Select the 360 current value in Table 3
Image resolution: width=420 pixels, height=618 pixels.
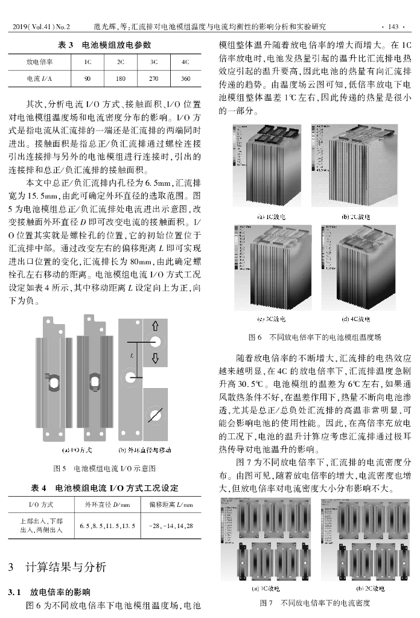pos(185,78)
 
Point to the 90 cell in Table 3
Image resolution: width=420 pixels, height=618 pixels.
pos(87,78)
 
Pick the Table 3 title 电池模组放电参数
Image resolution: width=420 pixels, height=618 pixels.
pos(104,45)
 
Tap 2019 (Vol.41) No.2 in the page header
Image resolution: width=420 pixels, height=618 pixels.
pos(41,27)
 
